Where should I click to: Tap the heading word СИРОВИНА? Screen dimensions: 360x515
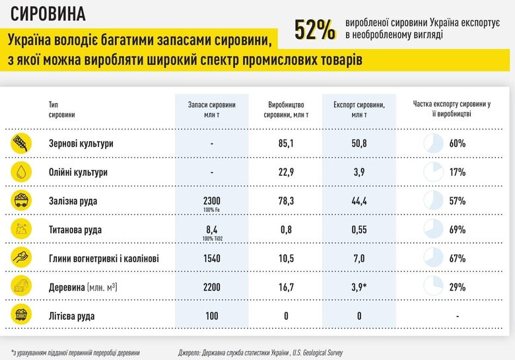[47, 13]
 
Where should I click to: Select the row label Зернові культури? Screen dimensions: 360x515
[81, 143]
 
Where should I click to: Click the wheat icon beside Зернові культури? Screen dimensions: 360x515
[21, 143]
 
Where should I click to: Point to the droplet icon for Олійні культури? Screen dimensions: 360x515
[21, 172]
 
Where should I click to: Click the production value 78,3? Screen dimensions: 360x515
[286, 200]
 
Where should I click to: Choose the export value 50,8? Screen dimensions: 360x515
[360, 143]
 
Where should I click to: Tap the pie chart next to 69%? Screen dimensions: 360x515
[432, 229]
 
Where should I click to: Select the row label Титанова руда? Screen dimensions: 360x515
[77, 229]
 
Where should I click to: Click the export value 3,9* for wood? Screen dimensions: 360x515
[360, 287]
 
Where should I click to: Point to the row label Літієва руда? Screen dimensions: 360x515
[73, 316]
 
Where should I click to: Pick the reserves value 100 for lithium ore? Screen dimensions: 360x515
[212, 316]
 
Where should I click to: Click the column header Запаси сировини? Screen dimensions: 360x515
[212, 109]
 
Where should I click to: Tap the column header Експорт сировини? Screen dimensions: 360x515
[360, 109]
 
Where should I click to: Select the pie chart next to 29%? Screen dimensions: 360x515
[432, 287]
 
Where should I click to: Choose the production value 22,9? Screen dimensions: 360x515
[286, 172]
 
